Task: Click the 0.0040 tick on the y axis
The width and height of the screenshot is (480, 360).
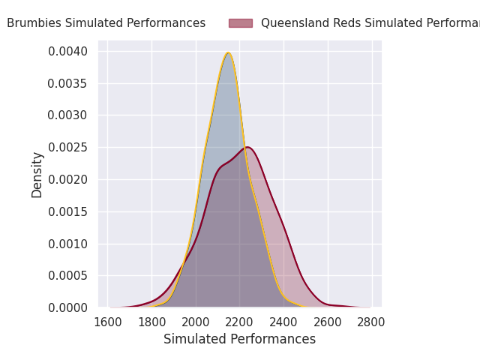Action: (x=67, y=51)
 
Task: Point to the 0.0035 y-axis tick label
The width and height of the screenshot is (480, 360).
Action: (x=67, y=83)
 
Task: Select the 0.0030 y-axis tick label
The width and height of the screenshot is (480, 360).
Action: (x=67, y=115)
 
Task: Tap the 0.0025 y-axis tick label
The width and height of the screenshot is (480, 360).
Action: (x=67, y=148)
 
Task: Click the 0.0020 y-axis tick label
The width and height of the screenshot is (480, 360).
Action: (x=67, y=180)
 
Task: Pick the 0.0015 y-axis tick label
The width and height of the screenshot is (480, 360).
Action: (x=67, y=211)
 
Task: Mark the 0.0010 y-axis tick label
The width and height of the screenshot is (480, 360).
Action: (x=67, y=244)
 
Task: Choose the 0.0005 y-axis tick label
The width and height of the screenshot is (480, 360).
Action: (x=67, y=276)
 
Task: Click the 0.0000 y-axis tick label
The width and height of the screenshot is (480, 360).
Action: (x=67, y=307)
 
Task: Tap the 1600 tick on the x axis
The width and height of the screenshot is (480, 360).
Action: (x=108, y=322)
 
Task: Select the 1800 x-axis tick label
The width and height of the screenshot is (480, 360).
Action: (x=152, y=322)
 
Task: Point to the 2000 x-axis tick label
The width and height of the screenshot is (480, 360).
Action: (x=196, y=322)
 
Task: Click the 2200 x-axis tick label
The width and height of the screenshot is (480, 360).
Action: (x=240, y=322)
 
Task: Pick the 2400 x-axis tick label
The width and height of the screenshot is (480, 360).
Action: (x=283, y=322)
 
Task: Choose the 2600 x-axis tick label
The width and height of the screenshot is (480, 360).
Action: (x=328, y=322)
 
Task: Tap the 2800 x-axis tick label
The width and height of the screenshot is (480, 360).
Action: (x=371, y=322)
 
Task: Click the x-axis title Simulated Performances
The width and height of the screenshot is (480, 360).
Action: (x=240, y=339)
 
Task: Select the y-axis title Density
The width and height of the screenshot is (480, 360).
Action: (x=37, y=175)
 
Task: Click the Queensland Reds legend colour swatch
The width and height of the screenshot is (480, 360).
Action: (x=241, y=23)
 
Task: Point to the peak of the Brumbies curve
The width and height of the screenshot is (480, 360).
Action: (x=228, y=52)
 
